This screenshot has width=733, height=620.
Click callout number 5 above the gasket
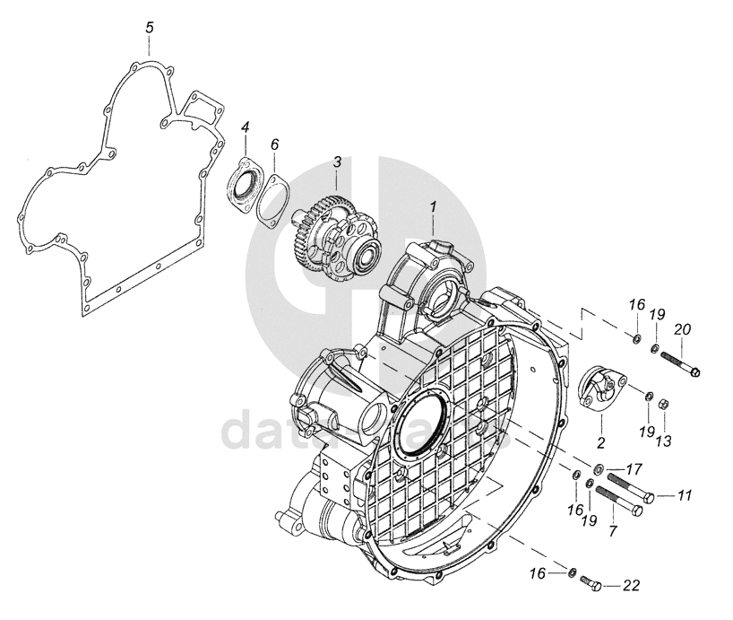(150, 28)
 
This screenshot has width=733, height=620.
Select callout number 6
(275, 144)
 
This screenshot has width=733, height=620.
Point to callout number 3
(337, 162)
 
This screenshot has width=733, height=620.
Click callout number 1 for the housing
(433, 206)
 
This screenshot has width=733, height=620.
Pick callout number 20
(683, 329)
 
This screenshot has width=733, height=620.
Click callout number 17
(633, 468)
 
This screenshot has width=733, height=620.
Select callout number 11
(685, 495)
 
